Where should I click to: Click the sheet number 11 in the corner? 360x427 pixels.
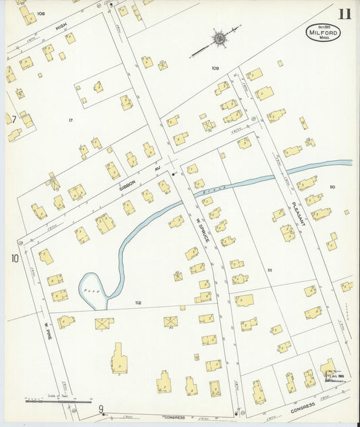coord(345,14)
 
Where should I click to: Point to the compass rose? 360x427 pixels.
coord(219,39)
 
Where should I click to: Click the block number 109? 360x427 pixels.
coord(215,68)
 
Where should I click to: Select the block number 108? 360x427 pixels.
coord(41,14)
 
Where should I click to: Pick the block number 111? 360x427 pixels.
coord(269,270)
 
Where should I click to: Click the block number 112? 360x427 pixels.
coord(138,302)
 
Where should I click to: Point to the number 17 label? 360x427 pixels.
coord(70,120)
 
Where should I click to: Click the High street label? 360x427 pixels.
coord(61,26)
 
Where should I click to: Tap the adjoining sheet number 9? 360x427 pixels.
coord(101,408)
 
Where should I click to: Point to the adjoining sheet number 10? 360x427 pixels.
coord(14,257)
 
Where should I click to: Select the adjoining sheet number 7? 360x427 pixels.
coord(11,119)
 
